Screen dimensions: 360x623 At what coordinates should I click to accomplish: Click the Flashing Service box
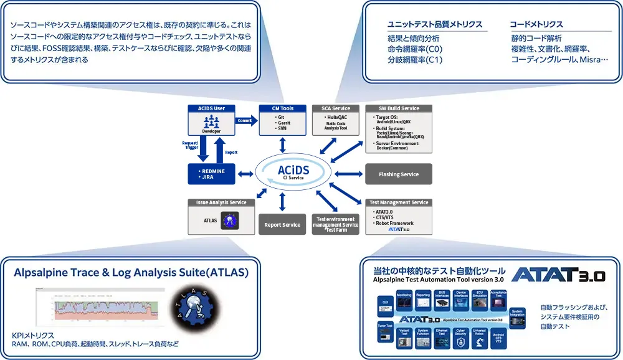click(399, 174)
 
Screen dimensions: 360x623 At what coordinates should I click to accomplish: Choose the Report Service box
click(282, 225)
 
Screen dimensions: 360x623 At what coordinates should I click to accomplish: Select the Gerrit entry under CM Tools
click(284, 123)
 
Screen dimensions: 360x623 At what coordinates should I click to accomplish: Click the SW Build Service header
click(399, 108)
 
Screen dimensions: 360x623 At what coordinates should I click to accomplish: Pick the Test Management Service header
click(399, 202)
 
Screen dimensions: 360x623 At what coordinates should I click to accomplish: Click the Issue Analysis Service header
click(221, 202)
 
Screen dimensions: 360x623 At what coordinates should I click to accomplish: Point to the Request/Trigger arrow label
click(191, 145)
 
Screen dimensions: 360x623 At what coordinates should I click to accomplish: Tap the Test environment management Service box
click(336, 224)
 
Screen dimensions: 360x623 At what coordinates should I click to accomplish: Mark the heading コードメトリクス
click(536, 24)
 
